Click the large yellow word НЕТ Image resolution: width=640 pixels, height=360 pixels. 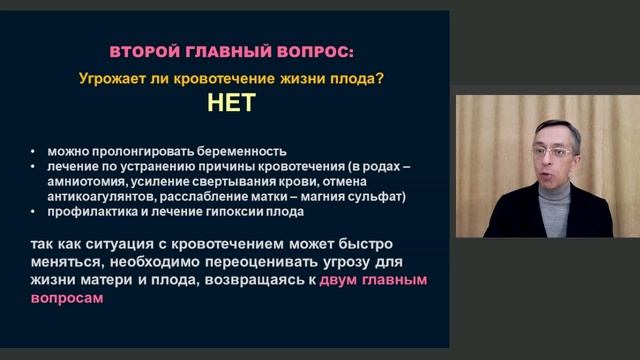[x=232, y=102]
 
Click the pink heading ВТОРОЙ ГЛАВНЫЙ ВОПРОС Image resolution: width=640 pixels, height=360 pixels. [x=231, y=51]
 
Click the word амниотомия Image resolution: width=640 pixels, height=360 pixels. [x=81, y=181]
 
